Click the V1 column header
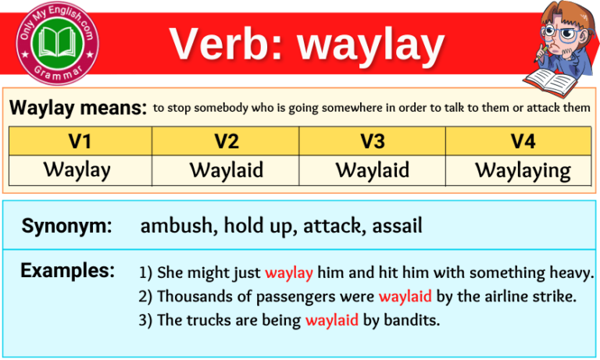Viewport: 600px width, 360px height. click(x=80, y=141)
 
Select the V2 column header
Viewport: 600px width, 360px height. click(x=227, y=141)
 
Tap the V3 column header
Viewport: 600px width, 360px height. click(x=373, y=141)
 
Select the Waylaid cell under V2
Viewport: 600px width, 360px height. click(x=227, y=169)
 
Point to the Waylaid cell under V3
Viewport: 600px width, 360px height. click(x=373, y=169)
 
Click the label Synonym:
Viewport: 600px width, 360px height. click(x=66, y=226)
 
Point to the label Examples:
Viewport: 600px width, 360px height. click(x=68, y=271)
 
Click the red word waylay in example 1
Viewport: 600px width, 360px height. click(x=289, y=273)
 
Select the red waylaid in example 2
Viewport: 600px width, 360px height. click(x=405, y=297)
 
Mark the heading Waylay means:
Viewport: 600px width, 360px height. click(x=78, y=108)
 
